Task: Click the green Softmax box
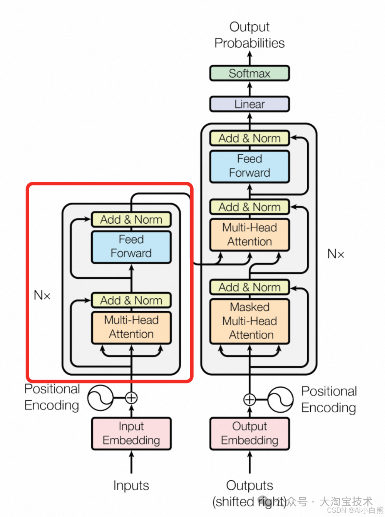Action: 249,73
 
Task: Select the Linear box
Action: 249,104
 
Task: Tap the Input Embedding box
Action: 131,433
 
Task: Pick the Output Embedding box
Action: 249,433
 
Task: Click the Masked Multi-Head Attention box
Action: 249,321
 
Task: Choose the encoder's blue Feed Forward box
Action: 131,246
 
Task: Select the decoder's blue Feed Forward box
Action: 249,166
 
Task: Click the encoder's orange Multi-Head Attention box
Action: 131,327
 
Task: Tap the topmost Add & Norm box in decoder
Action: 249,138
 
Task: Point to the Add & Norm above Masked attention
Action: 249,287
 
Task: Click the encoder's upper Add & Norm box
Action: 131,219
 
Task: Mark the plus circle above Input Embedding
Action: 131,398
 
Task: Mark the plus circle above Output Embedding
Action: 249,400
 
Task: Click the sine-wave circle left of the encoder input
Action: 100,398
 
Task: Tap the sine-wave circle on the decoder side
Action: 280,400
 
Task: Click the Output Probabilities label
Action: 249,35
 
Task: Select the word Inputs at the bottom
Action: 131,485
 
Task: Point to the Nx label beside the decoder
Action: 336,254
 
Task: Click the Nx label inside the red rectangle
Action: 42,295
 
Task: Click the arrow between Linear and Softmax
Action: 249,88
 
